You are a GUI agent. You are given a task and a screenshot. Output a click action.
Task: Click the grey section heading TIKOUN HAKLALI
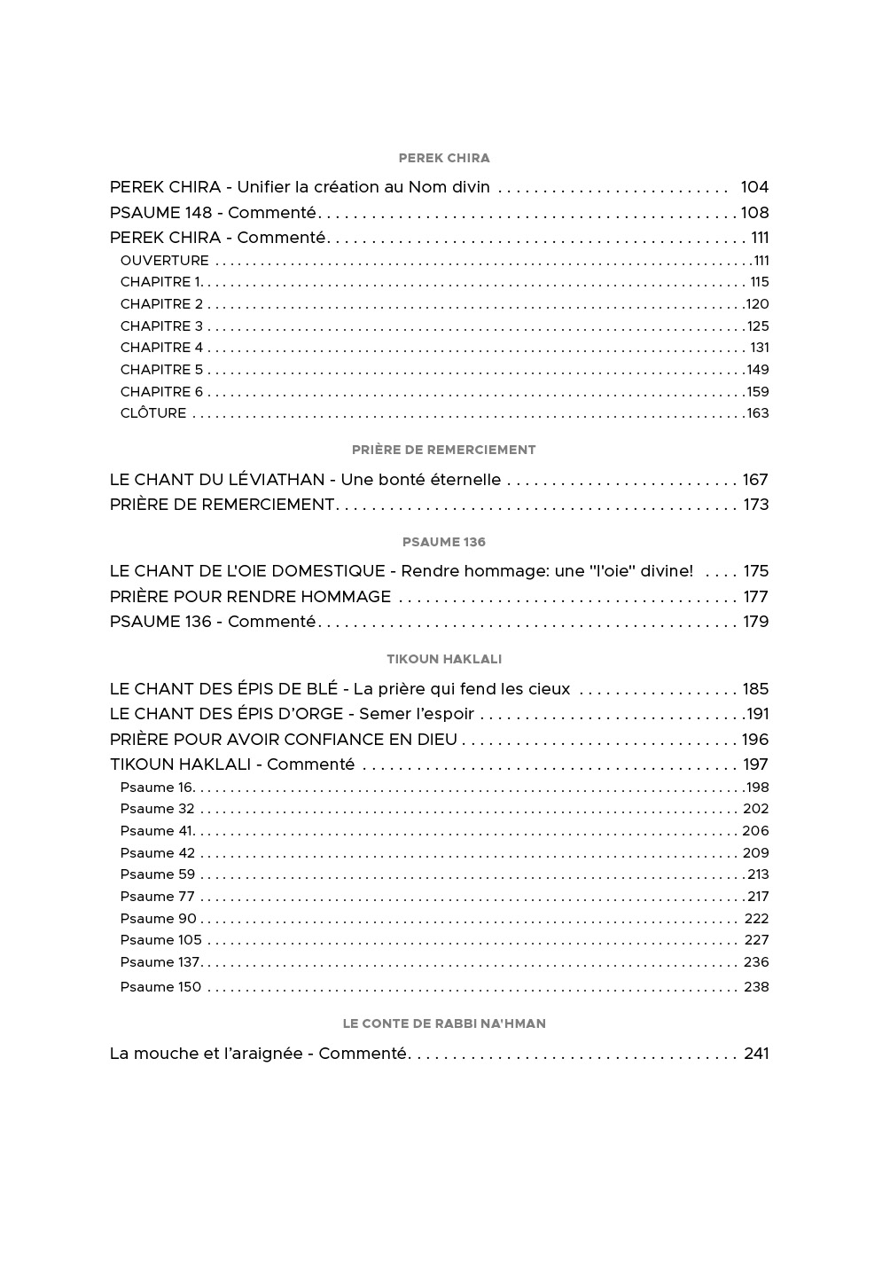click(444, 659)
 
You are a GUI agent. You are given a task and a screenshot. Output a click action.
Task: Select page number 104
click(754, 187)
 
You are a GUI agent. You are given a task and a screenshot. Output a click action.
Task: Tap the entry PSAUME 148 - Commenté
click(213, 213)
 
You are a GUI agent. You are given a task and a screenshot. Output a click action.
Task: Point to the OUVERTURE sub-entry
click(165, 261)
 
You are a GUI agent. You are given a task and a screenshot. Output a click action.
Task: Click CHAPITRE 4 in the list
click(161, 348)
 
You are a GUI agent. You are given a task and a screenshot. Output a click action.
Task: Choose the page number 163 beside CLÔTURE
click(758, 413)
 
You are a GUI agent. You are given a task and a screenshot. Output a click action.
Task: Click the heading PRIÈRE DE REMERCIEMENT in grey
click(444, 450)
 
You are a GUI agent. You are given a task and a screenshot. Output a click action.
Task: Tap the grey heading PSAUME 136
click(444, 542)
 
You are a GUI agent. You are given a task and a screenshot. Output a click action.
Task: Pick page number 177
click(756, 597)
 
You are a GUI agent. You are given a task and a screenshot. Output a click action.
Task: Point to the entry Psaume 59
click(158, 874)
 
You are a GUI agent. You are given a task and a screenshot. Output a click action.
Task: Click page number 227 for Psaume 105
click(756, 940)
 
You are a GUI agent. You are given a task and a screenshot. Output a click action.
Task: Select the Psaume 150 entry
click(160, 987)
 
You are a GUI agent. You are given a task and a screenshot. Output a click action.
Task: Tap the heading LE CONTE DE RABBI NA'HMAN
click(444, 1023)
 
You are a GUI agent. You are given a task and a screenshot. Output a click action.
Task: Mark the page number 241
click(756, 1054)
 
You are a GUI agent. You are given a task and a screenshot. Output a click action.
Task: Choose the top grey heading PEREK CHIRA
click(444, 158)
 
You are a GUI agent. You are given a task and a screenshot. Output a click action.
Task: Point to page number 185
click(756, 689)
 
